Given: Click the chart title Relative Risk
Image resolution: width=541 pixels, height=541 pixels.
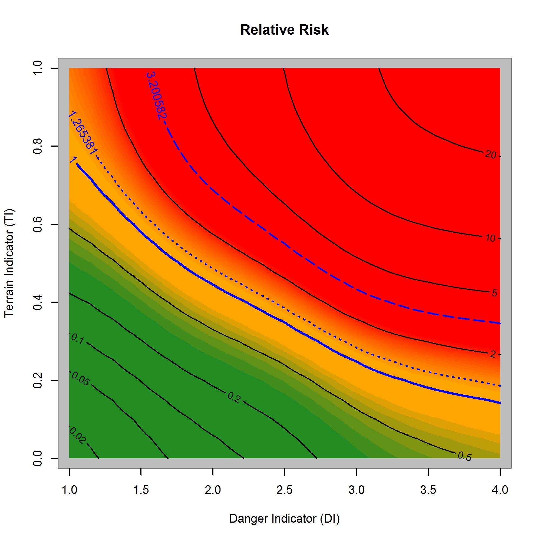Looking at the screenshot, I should click(284, 30).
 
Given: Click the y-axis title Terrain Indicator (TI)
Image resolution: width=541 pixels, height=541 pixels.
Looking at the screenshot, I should click(9, 263).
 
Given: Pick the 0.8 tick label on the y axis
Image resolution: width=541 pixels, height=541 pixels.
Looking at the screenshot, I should click(38, 146).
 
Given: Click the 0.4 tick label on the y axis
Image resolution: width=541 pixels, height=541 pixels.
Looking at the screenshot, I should click(38, 302).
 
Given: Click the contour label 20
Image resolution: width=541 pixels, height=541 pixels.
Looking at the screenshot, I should click(490, 154).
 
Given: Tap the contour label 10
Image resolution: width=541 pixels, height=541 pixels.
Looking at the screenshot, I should click(490, 238).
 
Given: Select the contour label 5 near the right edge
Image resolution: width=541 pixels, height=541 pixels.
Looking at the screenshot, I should click(494, 293).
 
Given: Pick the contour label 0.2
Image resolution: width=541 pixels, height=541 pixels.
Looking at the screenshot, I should click(234, 397).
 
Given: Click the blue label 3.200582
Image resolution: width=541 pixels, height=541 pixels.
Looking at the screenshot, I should click(156, 96).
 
